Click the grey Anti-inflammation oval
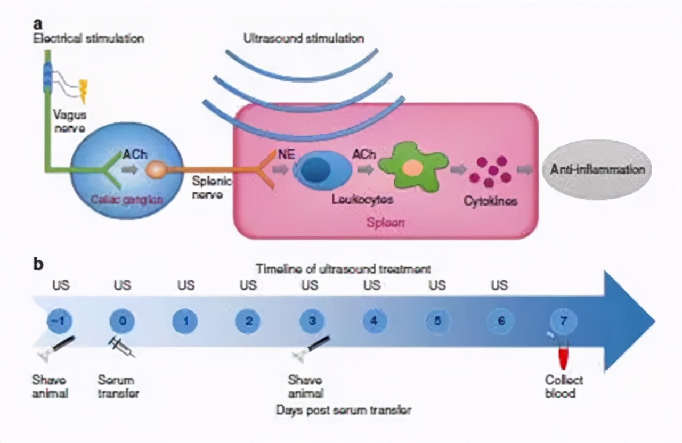point(596,169)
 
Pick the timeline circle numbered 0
point(122,321)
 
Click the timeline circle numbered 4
point(374,321)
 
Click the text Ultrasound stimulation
point(304,38)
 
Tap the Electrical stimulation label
point(88,38)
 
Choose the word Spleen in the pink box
point(385,223)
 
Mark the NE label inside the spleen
point(284,154)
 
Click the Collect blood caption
point(564,387)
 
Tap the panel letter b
point(38,264)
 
